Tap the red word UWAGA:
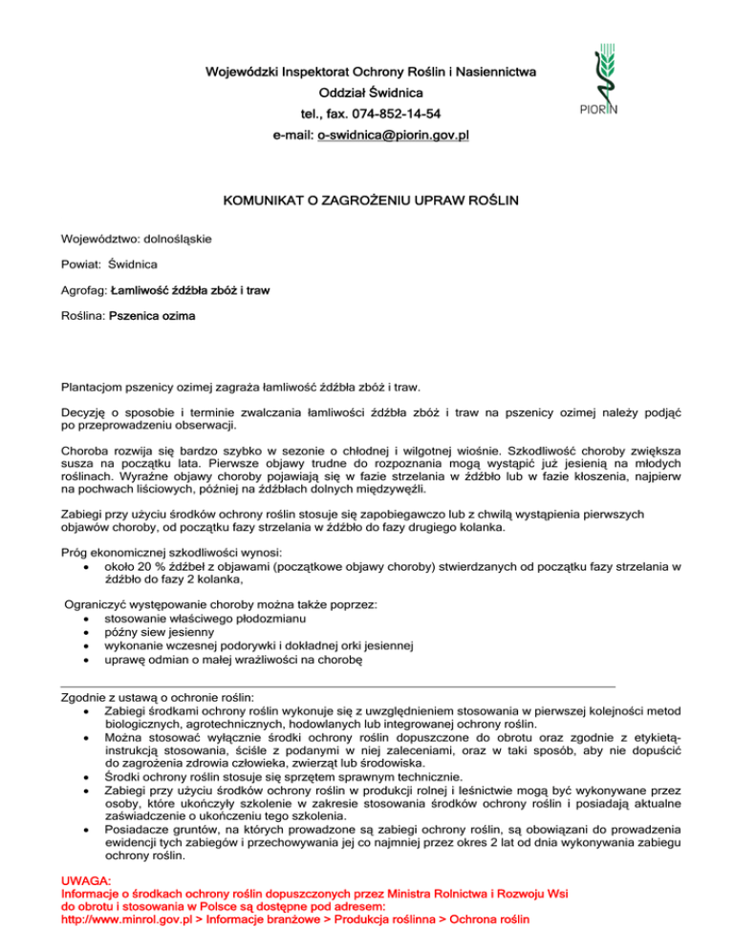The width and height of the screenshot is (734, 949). pos(86,879)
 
